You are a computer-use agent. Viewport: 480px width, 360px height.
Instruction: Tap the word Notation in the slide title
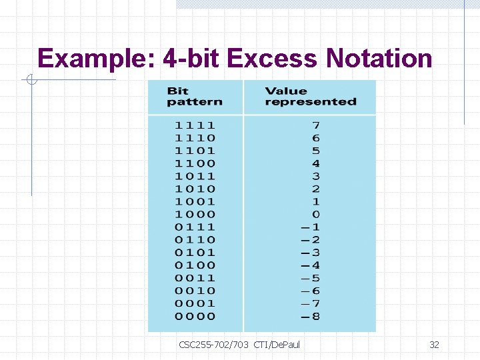pos(379,59)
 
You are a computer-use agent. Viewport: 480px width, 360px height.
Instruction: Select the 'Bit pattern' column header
pos(194,97)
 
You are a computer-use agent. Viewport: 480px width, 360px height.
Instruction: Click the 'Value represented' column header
pos(310,97)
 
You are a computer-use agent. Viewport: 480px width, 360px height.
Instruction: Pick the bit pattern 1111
pos(195,125)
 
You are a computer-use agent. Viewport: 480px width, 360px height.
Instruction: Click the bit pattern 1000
pos(195,214)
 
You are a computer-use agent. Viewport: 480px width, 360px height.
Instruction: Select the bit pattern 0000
pos(195,316)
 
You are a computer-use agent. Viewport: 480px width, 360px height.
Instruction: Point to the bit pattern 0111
pos(195,227)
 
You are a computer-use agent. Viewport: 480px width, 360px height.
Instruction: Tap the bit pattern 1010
pos(195,189)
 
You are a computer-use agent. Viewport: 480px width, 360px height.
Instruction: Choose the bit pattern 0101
pos(195,252)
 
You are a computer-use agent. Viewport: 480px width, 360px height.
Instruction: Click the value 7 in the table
pos(315,125)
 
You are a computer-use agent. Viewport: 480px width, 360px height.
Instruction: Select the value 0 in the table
pos(315,214)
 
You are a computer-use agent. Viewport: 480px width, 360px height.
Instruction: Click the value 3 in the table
pos(315,176)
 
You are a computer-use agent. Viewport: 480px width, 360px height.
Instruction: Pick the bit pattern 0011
pos(195,278)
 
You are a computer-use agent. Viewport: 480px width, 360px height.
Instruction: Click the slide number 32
pos(434,345)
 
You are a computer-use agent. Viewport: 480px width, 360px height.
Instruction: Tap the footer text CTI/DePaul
pos(277,345)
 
